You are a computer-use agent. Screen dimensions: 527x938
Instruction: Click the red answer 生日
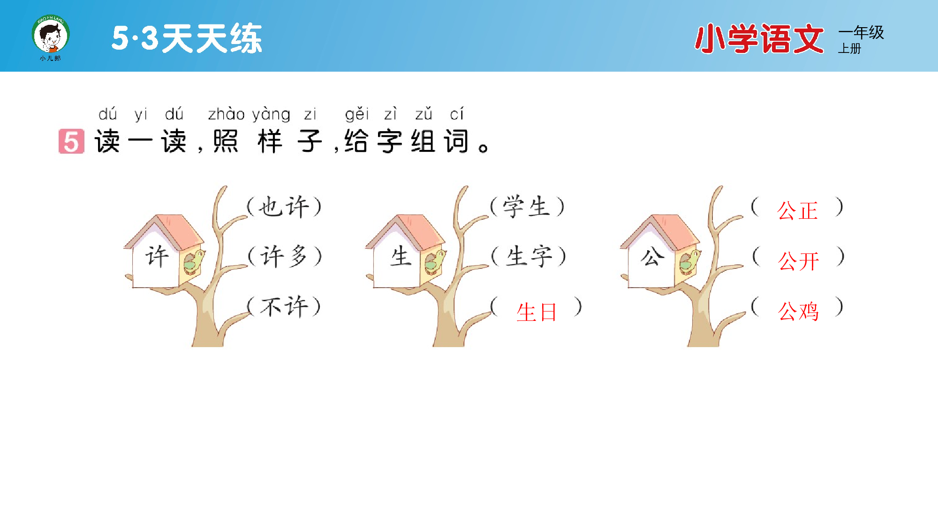(x=537, y=312)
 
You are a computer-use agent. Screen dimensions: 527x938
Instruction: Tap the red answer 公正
(x=797, y=210)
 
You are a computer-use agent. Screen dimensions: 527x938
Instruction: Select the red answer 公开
(x=799, y=261)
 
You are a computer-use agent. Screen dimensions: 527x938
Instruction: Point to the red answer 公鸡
(x=798, y=311)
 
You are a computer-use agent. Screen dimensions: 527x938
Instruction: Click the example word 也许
(x=284, y=207)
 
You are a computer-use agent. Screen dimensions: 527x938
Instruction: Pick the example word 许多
(x=284, y=257)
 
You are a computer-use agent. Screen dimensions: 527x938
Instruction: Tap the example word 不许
(x=284, y=307)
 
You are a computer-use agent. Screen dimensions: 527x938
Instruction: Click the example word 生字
(x=529, y=257)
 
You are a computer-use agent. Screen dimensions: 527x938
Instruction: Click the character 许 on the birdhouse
(x=157, y=257)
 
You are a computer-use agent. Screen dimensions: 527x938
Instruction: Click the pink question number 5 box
(x=71, y=141)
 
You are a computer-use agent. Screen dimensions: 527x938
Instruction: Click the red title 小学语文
(x=759, y=39)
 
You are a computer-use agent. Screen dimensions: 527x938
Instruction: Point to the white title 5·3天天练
(x=187, y=38)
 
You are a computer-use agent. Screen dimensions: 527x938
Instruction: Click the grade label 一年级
(x=861, y=32)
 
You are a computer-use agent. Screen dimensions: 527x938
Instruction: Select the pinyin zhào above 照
(x=226, y=114)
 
